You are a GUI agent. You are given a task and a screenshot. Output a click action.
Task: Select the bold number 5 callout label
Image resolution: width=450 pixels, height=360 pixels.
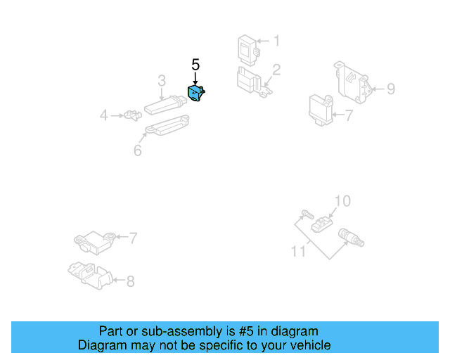pyautogui.click(x=195, y=65)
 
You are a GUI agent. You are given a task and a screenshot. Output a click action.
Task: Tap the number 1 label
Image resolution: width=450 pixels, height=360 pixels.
pyautogui.click(x=276, y=41)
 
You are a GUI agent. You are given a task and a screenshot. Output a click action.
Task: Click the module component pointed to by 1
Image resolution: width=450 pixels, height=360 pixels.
pyautogui.click(x=248, y=48)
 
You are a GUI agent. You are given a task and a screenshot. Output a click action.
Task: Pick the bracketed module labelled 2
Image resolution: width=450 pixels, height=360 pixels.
pyautogui.click(x=250, y=81)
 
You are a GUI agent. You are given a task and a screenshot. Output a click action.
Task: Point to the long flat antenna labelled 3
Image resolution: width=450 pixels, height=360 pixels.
pyautogui.click(x=165, y=106)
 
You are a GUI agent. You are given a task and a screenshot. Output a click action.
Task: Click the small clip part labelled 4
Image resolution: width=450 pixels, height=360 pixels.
pyautogui.click(x=129, y=115)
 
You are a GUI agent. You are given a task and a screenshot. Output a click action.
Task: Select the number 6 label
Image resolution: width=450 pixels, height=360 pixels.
pyautogui.click(x=137, y=150)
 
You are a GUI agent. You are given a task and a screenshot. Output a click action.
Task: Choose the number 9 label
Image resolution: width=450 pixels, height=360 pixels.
pyautogui.click(x=391, y=89)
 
